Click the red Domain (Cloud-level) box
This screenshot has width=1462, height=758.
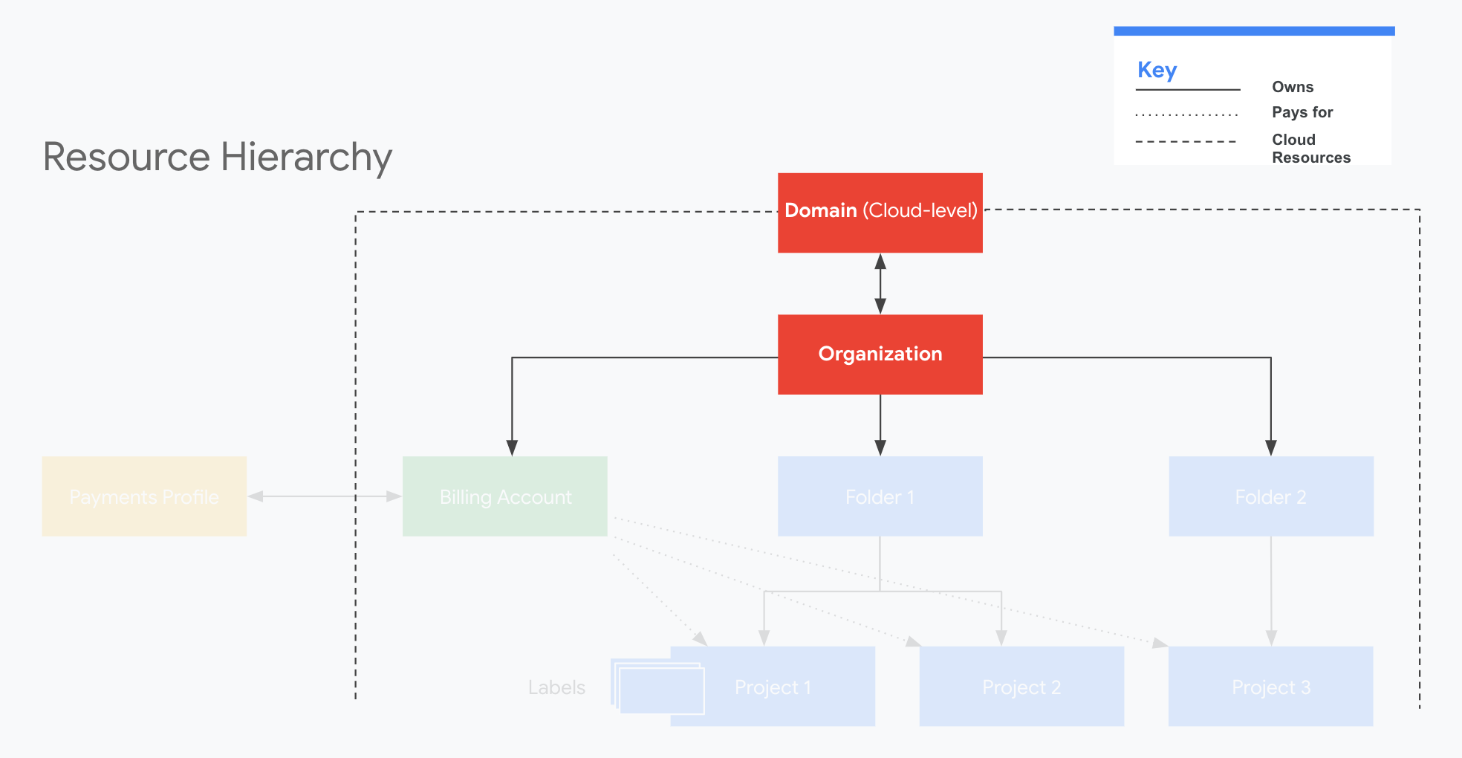tap(880, 213)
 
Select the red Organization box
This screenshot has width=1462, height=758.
tap(880, 354)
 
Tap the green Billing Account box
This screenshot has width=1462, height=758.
tap(504, 496)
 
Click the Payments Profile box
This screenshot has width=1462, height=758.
tap(144, 496)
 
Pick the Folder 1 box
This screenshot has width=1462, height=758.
tap(880, 496)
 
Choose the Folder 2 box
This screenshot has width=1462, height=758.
tap(1270, 496)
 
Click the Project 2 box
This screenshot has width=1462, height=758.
tap(1021, 686)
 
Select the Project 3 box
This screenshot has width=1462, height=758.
tap(1270, 686)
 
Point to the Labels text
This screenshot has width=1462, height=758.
tap(556, 687)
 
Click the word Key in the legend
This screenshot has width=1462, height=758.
tap(1157, 70)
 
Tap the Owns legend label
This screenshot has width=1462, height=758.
tap(1293, 87)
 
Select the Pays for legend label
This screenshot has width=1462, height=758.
tap(1302, 112)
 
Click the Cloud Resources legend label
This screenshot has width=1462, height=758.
tap(1310, 149)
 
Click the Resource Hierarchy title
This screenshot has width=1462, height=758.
tap(217, 157)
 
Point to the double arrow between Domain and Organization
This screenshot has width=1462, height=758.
tap(880, 284)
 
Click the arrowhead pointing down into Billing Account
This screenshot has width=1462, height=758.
tap(512, 447)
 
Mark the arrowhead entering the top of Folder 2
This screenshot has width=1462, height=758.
tap(1271, 447)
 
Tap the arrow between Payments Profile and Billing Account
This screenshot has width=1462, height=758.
tap(324, 496)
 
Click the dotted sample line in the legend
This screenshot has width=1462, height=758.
tap(1186, 115)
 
